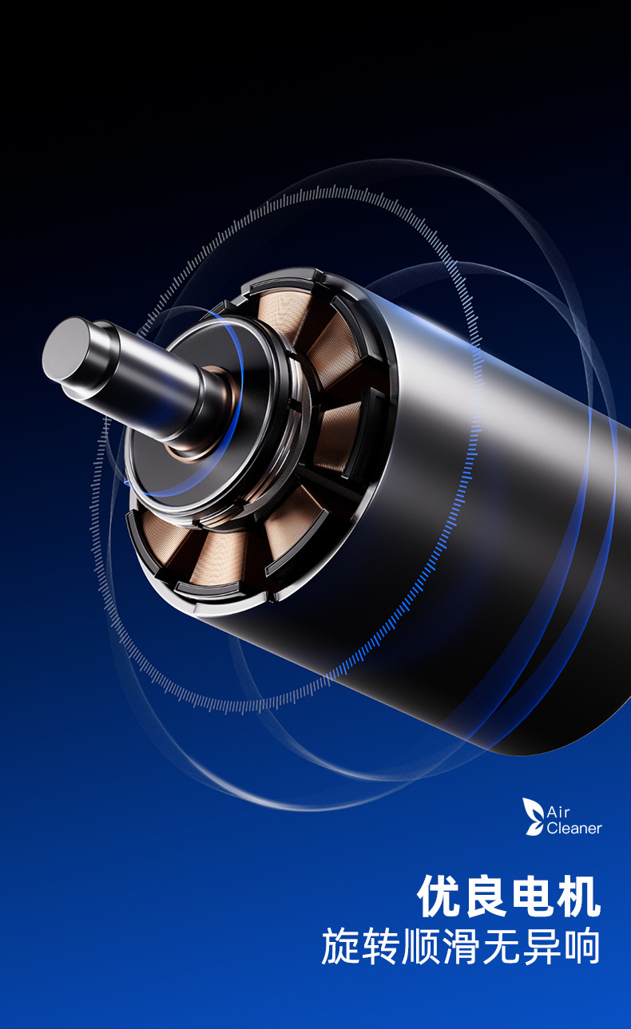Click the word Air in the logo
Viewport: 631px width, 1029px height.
click(558, 812)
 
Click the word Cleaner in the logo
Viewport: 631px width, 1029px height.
click(574, 829)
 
